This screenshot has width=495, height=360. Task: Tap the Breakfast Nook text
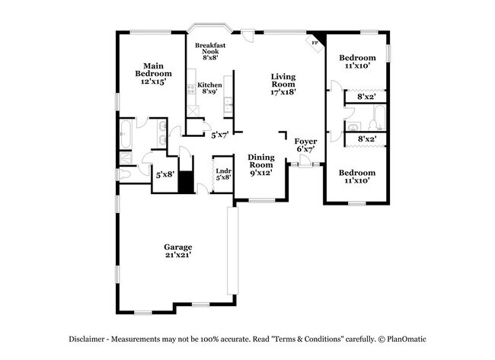pos(209,50)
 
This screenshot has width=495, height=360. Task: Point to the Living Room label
pos(283,81)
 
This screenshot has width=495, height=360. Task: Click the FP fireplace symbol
pos(314,43)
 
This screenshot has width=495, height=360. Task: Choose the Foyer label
pos(305,142)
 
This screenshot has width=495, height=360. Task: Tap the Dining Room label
pos(260,161)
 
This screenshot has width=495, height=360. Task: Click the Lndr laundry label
pos(222,171)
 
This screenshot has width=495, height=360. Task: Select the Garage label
pos(177,247)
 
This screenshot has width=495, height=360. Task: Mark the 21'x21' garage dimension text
pos(177,255)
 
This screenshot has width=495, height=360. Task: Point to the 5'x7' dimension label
pos(219,135)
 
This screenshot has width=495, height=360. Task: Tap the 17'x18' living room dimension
pos(283,91)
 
